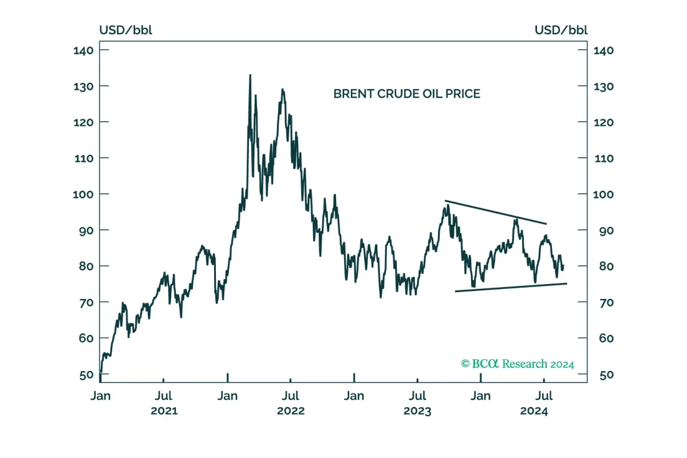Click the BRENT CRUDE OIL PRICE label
(x=406, y=94)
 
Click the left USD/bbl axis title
(x=126, y=30)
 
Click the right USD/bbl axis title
(x=561, y=30)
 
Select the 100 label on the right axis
(x=603, y=194)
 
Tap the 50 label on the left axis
(x=86, y=375)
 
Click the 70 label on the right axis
(x=606, y=302)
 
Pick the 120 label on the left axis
(x=84, y=122)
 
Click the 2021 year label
(x=164, y=411)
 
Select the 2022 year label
(x=291, y=411)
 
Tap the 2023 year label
(x=417, y=411)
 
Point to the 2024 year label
(x=534, y=411)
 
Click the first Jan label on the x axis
(x=101, y=396)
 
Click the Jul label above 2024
(x=544, y=396)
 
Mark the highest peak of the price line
(x=250, y=75)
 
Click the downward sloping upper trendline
(x=496, y=212)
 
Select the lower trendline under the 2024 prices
(x=511, y=288)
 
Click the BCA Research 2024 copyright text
(x=518, y=364)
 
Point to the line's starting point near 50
(x=101, y=372)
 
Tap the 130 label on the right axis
(x=603, y=87)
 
